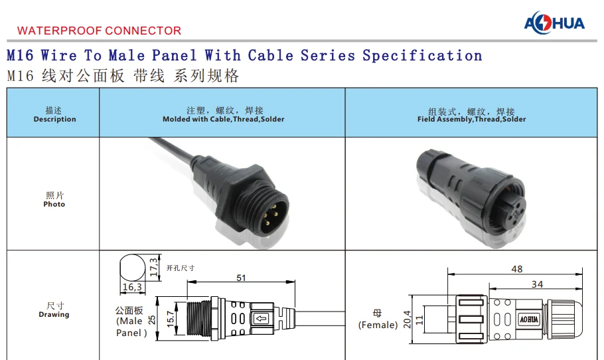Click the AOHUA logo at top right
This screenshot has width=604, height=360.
coord(554,23)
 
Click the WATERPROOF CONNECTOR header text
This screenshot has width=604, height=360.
coord(99,31)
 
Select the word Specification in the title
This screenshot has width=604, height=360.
coord(422,56)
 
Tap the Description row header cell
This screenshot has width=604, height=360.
coord(54,115)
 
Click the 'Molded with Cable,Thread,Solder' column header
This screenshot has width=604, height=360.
coord(224,115)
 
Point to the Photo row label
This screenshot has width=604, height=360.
coord(54,199)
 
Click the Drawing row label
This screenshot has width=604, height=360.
coord(54,310)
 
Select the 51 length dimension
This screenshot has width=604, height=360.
coord(241,278)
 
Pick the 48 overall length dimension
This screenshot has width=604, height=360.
coord(516,269)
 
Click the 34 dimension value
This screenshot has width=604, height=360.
coord(537,284)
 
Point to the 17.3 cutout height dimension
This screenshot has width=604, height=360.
coord(153,267)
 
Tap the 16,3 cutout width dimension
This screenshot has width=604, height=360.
coord(132,288)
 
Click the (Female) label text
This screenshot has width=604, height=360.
coord(378,325)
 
